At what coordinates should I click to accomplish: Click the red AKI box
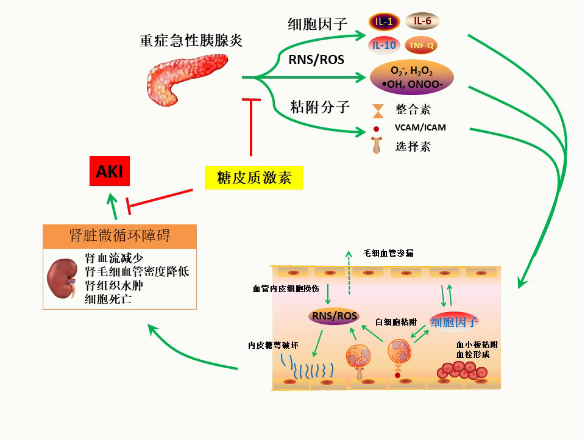click(109, 172)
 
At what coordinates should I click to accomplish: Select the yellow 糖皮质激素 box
click(253, 177)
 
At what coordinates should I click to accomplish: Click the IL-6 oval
click(422, 21)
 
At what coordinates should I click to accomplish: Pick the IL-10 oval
click(384, 45)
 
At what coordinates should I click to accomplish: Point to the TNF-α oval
click(421, 45)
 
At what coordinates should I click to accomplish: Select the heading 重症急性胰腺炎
click(191, 41)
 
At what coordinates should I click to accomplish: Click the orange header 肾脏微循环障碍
click(120, 237)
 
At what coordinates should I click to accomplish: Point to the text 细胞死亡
click(110, 299)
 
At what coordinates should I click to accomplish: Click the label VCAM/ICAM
click(420, 127)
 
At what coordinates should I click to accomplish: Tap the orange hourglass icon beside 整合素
click(378, 110)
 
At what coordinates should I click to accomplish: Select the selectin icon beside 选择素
click(377, 146)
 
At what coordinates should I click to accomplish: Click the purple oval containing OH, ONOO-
click(412, 77)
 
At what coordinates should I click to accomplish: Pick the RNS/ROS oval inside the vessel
click(334, 316)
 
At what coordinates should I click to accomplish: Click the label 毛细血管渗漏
click(388, 252)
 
